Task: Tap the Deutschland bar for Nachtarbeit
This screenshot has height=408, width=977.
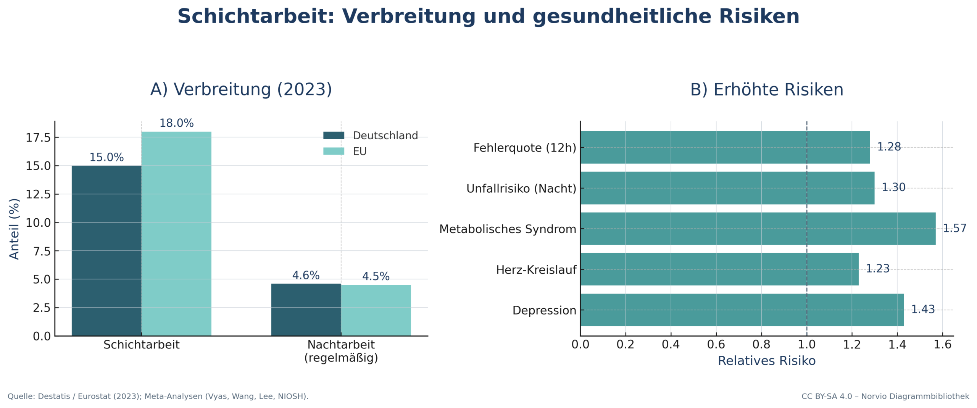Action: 306,310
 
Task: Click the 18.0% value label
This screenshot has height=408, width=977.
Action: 176,123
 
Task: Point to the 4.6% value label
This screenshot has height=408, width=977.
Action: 306,275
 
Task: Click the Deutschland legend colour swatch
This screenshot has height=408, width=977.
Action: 334,135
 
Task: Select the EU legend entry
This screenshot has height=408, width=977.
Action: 359,152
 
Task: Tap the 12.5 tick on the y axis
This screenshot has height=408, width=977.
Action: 38,194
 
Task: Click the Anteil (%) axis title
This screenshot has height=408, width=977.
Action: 14,229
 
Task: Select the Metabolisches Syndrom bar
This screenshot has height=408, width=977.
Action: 758,229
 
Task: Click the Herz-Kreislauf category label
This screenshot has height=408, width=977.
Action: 536,270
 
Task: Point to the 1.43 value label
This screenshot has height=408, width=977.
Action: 923,309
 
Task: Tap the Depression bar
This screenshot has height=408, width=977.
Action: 742,310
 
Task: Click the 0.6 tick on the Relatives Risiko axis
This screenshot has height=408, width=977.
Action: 716,345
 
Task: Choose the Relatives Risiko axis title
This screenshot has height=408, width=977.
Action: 766,361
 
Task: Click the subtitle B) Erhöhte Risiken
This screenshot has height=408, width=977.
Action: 766,90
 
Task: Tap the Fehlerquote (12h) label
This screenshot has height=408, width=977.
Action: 524,148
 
